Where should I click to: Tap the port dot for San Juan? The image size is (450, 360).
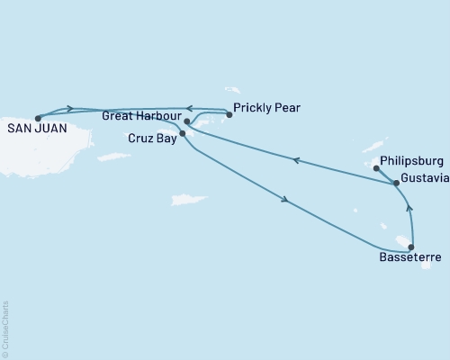(x=38, y=118)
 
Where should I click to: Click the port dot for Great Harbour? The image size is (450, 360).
(x=186, y=121)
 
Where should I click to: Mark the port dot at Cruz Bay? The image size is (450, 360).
(x=183, y=134)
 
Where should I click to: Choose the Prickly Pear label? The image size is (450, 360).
(x=266, y=108)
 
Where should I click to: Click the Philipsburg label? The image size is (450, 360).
(x=412, y=161)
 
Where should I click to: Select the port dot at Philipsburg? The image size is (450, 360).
(x=376, y=167)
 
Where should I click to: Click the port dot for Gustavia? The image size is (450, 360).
(x=396, y=183)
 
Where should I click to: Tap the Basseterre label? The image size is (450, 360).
(x=410, y=258)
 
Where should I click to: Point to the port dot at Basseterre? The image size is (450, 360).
(x=411, y=247)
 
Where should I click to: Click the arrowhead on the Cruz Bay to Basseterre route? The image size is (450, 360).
(x=285, y=200)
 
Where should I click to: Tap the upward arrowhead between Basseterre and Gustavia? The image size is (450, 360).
(x=409, y=209)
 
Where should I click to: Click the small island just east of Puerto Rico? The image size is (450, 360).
(x=114, y=157)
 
